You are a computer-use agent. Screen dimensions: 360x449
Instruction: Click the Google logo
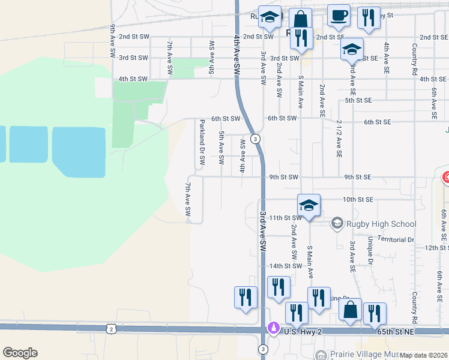click(20, 353)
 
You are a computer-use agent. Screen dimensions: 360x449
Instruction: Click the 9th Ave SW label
click(112, 41)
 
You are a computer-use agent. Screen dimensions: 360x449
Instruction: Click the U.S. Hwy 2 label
click(307, 332)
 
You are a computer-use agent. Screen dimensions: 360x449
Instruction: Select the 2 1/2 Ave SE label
click(339, 138)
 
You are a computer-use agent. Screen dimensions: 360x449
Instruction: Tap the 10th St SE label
click(358, 199)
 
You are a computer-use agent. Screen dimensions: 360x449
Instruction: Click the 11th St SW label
click(284, 217)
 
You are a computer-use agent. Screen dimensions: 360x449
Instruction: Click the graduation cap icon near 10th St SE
click(309, 205)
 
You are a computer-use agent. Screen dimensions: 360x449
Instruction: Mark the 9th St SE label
click(358, 177)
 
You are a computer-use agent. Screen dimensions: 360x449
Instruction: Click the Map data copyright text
click(423, 355)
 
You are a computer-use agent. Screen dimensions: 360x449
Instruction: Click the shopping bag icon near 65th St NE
click(351, 310)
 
